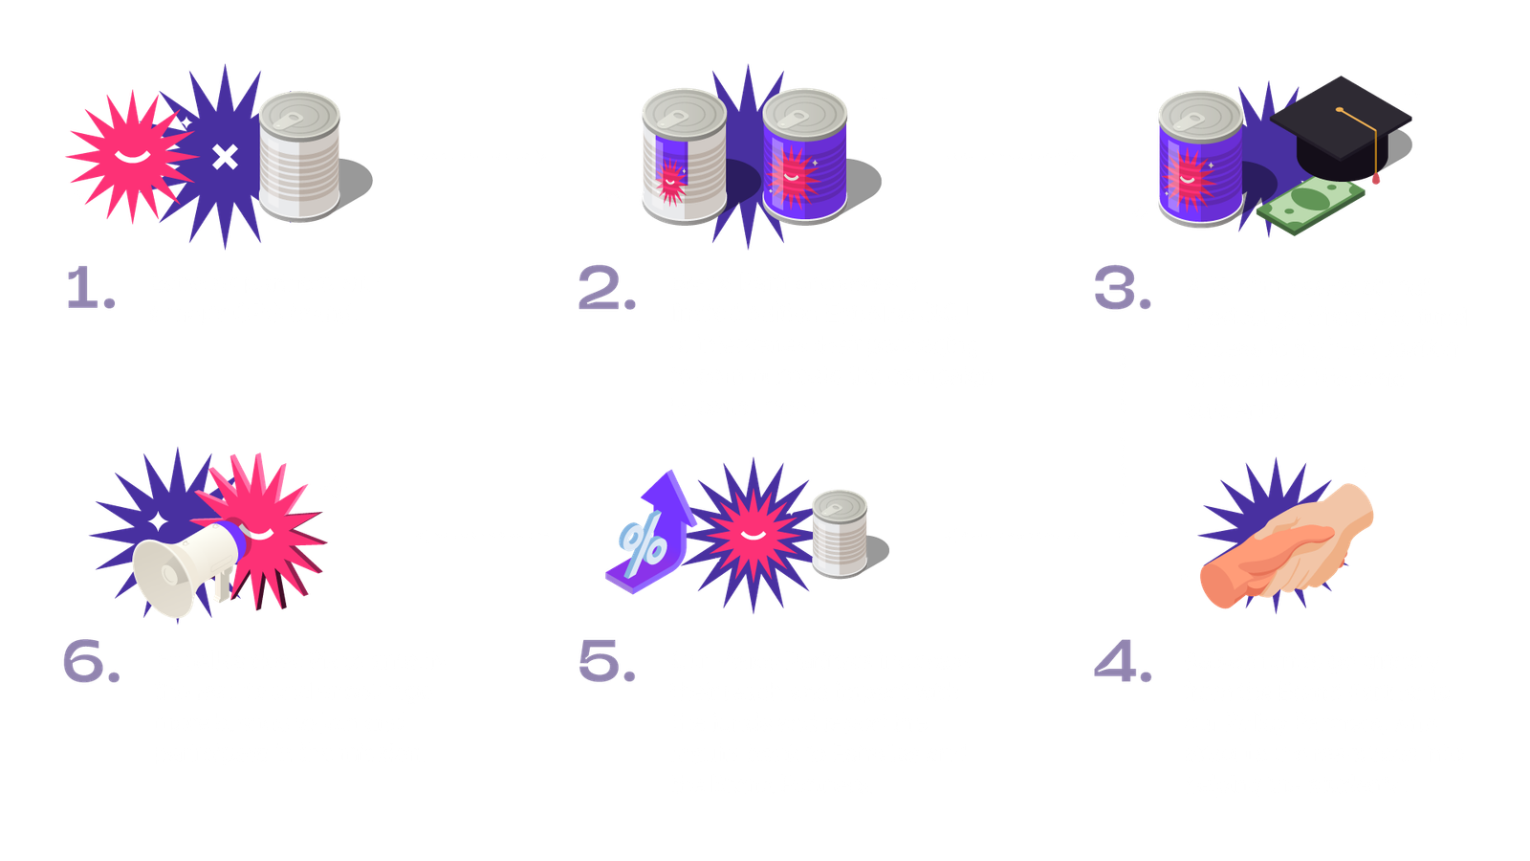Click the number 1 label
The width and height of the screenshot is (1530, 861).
tap(91, 288)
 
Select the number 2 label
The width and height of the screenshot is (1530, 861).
tap(606, 288)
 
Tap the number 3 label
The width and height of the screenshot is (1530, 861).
tap(1123, 288)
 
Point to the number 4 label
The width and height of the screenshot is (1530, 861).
tap(1123, 661)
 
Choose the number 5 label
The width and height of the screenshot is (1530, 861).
tap(606, 661)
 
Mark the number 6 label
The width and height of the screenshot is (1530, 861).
tap(91, 661)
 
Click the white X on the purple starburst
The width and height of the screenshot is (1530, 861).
tap(225, 157)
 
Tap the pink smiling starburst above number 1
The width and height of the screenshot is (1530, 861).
tap(131, 157)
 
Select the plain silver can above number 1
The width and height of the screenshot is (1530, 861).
tap(299, 157)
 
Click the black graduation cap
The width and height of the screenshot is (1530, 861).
tap(1340, 128)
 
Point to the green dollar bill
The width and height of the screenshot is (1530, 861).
tap(1310, 205)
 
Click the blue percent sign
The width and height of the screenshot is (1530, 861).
tap(642, 544)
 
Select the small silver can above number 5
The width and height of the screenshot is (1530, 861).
tap(840, 534)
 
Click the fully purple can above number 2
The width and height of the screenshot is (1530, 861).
tap(804, 156)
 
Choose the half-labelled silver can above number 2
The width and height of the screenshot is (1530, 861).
tap(685, 156)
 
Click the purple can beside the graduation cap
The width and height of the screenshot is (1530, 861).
tap(1200, 159)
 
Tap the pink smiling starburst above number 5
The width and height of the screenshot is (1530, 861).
tap(753, 535)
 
